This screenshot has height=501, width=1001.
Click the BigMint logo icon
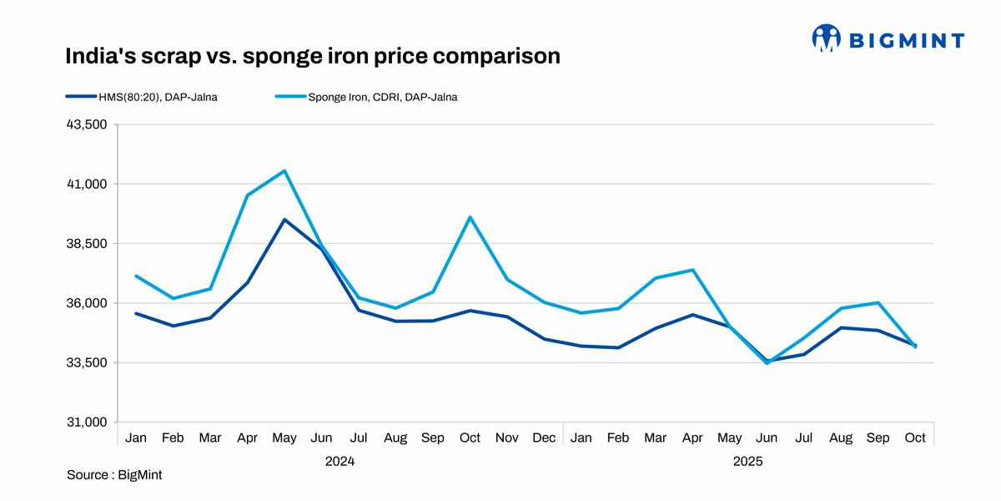click(x=826, y=38)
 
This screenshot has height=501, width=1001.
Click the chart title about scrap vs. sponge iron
click(x=312, y=56)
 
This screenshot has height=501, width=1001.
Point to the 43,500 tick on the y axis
click(x=87, y=124)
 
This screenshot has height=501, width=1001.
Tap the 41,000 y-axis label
click(x=87, y=184)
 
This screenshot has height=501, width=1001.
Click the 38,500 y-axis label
click(x=87, y=243)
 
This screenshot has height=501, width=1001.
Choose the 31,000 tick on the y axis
click(x=87, y=422)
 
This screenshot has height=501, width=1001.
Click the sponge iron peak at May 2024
click(x=284, y=171)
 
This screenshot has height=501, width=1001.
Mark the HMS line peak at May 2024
click(x=284, y=220)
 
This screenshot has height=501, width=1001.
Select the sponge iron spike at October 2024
click(x=470, y=217)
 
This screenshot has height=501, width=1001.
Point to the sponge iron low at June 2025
click(x=767, y=362)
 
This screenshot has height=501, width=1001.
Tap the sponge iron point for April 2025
click(x=692, y=270)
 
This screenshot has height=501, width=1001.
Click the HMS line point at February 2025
click(x=618, y=347)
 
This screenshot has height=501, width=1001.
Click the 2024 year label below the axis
click(x=340, y=461)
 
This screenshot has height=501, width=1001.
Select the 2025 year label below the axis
click(x=748, y=461)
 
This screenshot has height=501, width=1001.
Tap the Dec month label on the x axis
click(x=544, y=438)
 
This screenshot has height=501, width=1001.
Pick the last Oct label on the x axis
click(x=915, y=438)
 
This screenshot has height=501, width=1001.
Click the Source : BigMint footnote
click(x=114, y=475)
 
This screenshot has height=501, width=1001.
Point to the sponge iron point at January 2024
click(x=136, y=276)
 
